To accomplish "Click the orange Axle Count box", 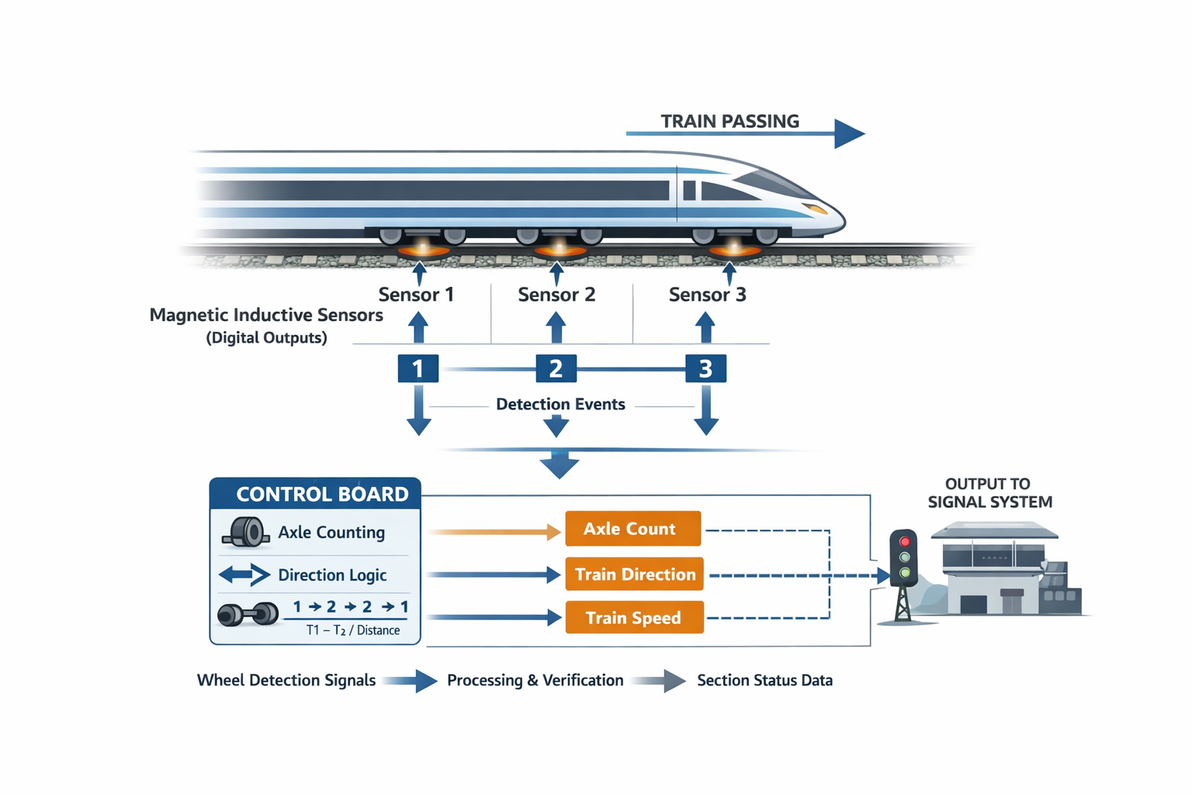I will (632, 529).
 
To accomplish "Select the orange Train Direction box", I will (634, 575).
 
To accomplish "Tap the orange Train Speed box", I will (634, 618).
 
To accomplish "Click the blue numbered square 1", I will (418, 368).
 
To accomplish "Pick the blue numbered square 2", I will (556, 368).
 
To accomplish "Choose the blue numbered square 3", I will (705, 368).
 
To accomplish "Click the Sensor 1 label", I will (416, 295).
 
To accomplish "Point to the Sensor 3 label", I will (707, 295).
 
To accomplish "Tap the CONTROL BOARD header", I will (321, 494).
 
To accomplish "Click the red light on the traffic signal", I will (905, 541).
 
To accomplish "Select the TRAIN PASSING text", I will (729, 121).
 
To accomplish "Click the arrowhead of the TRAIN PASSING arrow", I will (849, 133).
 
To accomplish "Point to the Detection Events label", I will (560, 404).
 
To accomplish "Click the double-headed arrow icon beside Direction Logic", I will (244, 575).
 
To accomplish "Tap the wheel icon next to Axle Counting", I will (247, 532).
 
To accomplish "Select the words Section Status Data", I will (764, 680).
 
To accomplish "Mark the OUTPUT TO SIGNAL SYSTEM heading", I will (989, 492).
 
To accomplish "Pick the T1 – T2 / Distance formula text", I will (353, 630).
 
